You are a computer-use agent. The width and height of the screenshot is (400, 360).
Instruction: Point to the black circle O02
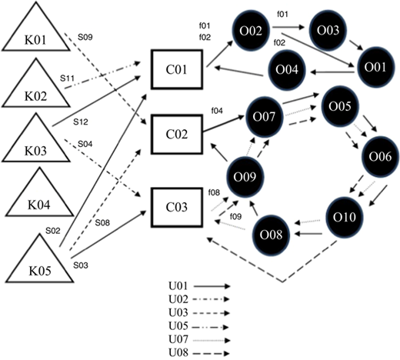[x=251, y=31]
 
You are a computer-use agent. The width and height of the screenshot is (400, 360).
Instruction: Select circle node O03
[x=328, y=30]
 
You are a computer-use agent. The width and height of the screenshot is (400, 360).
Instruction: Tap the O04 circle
[x=287, y=70]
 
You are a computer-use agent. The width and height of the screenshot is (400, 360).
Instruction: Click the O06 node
[x=380, y=156]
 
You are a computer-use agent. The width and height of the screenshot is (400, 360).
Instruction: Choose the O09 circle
[x=245, y=177]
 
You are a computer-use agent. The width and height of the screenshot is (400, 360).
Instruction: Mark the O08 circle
[x=271, y=235]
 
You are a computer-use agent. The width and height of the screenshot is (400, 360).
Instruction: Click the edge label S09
[x=85, y=37]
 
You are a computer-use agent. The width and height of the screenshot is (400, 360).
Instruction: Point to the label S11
[x=67, y=78]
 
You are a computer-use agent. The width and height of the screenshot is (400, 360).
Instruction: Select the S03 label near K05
[x=81, y=265]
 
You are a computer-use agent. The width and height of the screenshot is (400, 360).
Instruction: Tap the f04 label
[x=217, y=111]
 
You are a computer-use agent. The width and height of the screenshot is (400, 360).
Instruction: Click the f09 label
[x=235, y=217]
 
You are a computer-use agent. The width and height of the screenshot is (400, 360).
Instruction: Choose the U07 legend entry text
[x=178, y=339]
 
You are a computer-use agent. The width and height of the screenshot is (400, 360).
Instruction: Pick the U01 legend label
[x=178, y=286]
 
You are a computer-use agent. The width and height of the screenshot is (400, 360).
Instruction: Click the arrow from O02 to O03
[x=289, y=27]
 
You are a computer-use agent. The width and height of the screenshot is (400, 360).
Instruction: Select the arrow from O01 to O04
[x=333, y=72]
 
